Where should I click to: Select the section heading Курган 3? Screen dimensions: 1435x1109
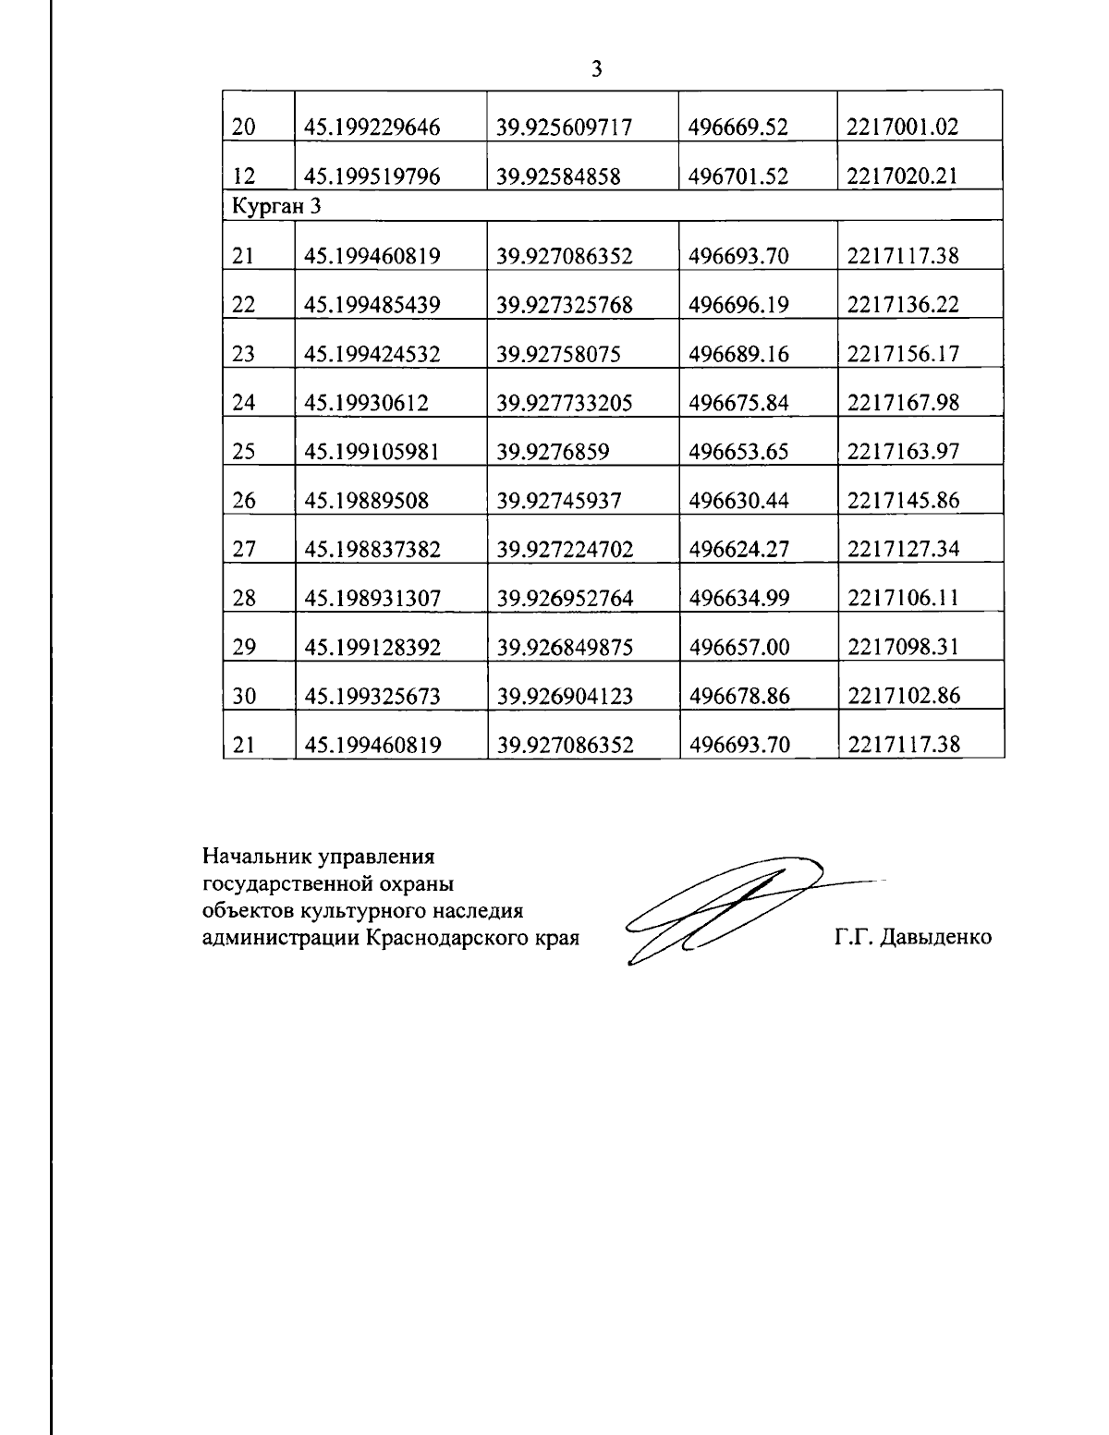(x=276, y=206)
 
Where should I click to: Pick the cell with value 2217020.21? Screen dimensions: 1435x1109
(x=902, y=176)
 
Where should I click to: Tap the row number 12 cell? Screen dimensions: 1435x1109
(x=244, y=176)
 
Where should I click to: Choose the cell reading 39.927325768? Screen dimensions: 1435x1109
(x=565, y=305)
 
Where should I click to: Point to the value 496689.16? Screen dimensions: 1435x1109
(x=738, y=354)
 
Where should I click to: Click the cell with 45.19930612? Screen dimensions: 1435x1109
(x=366, y=403)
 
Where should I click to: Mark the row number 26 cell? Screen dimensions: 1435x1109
(x=244, y=501)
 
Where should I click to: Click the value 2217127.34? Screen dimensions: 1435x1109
(x=903, y=550)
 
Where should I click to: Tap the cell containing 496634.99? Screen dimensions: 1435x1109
(x=739, y=599)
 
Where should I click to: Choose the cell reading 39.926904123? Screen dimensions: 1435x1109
(x=565, y=697)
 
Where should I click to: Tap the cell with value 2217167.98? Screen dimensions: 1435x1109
(x=903, y=403)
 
